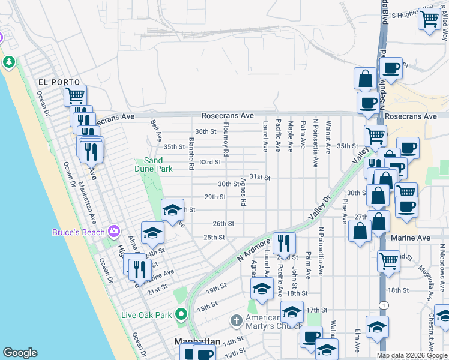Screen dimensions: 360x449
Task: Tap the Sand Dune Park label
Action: click(x=153, y=165)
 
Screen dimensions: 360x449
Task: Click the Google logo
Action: click(x=20, y=353)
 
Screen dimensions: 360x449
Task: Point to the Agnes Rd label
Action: click(x=244, y=192)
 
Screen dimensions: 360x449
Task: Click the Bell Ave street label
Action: click(x=157, y=130)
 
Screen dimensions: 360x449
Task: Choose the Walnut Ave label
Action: click(x=328, y=137)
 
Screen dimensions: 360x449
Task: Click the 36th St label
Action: click(x=205, y=131)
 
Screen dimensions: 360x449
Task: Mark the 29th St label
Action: click(x=215, y=197)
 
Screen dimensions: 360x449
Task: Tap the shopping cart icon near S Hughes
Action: click(x=430, y=19)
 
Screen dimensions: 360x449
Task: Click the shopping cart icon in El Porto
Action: click(x=75, y=95)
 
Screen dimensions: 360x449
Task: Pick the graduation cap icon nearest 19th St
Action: click(x=262, y=289)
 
